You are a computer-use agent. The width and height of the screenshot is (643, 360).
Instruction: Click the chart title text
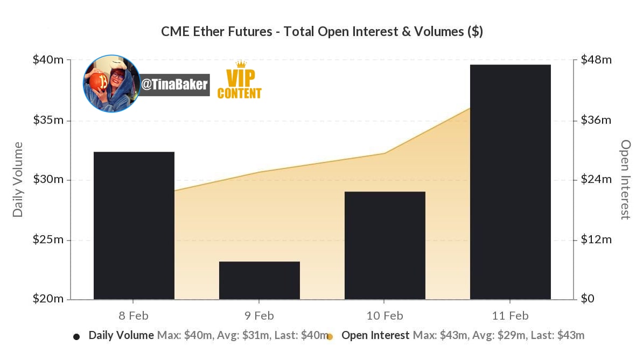pos(322,32)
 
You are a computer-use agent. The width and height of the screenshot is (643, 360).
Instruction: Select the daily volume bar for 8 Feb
pos(134,225)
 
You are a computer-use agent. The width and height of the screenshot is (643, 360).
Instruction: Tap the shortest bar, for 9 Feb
pos(260,280)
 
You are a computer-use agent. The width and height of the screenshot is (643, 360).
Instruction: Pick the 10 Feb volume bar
pos(385,245)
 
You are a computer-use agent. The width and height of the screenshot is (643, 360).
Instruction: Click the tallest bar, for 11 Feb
pos(511,182)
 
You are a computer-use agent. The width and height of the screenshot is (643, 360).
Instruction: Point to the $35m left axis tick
pos(48,120)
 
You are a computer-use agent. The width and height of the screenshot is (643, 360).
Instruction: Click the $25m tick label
pos(48,239)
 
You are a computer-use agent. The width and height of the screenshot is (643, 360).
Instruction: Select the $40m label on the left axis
pos(48,60)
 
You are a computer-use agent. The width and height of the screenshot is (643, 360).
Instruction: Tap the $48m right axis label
pos(596,60)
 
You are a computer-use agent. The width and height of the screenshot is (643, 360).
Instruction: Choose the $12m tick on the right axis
pos(596,239)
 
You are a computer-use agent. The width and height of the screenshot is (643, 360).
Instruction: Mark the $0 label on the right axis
pos(588,299)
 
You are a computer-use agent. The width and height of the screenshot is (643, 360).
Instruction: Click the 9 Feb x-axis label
pos(259,316)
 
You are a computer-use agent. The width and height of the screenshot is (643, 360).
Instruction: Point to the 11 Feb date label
pos(511,316)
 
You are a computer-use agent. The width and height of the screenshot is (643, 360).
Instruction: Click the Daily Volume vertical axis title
pos(18,179)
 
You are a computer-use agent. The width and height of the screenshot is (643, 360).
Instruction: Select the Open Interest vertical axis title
pos(625,179)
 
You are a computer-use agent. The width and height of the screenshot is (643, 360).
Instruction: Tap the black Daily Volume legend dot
pos(76,337)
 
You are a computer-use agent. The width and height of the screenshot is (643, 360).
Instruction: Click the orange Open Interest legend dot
pos(330,337)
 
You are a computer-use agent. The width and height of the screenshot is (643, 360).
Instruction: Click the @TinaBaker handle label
pos(174,85)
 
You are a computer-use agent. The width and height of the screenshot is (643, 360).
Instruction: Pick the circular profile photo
pos(111,83)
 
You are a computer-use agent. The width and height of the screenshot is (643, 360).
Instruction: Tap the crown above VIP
pos(241,64)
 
